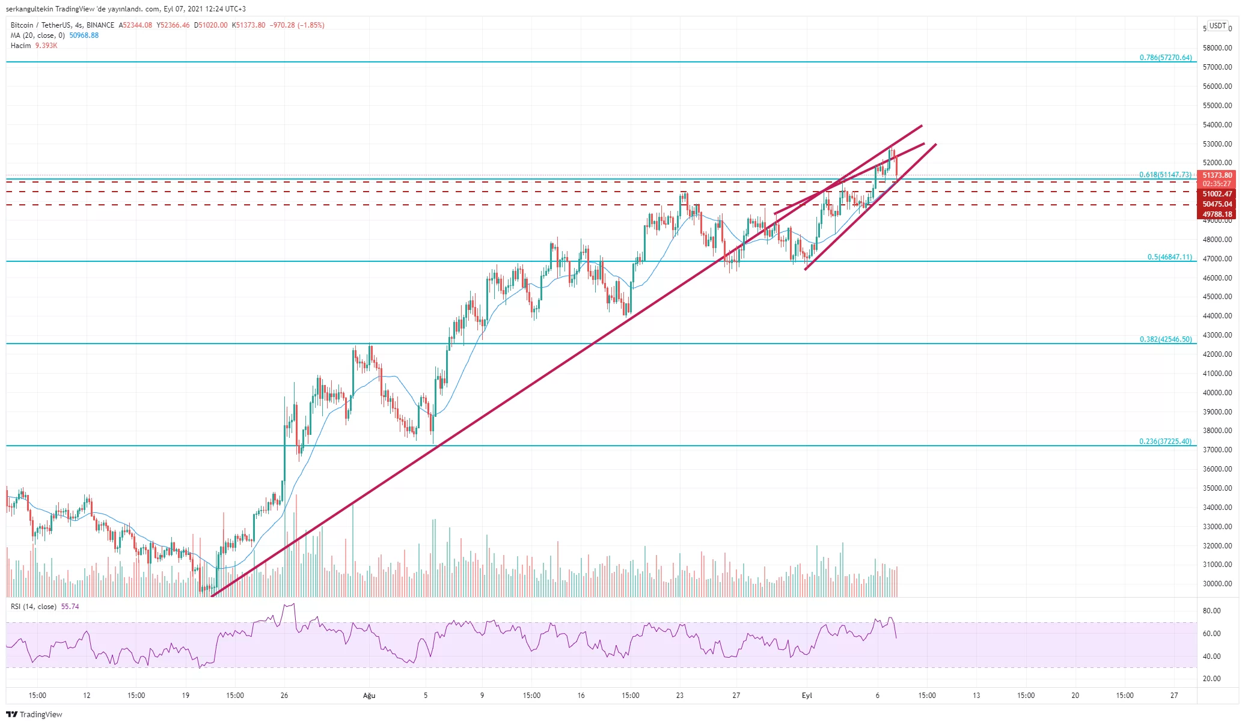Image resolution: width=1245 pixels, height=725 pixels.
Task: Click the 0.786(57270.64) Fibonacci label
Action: point(1165,58)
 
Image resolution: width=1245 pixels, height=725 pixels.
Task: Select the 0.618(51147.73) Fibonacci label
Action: point(1164,175)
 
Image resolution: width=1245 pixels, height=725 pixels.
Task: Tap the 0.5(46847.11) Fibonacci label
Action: point(1169,257)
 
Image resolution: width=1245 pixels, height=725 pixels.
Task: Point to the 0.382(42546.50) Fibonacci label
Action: point(1165,339)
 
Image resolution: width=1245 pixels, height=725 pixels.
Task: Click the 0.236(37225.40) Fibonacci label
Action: point(1164,441)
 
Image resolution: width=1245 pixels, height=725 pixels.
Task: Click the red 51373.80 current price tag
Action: point(1217,175)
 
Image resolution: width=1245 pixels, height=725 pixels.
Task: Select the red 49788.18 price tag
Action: point(1217,214)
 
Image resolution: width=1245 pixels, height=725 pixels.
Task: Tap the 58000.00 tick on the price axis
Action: point(1217,48)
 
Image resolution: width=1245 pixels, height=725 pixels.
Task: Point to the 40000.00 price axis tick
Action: point(1217,393)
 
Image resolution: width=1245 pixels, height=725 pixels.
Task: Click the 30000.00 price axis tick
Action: point(1217,584)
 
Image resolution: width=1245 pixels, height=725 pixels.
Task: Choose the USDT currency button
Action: point(1217,26)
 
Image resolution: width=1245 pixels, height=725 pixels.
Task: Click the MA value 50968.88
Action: point(84,35)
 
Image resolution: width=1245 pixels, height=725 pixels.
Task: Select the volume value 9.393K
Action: point(46,46)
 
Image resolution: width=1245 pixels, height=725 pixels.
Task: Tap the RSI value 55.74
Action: point(70,607)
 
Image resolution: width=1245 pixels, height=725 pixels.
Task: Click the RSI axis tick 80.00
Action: point(1211,611)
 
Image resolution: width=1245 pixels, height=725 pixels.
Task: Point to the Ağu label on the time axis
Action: point(369,696)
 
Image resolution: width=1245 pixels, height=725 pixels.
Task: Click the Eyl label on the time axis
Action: point(807,696)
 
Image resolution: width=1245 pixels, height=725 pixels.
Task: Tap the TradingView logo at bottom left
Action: point(34,714)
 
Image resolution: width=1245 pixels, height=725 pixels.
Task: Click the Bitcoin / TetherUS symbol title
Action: point(40,25)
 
